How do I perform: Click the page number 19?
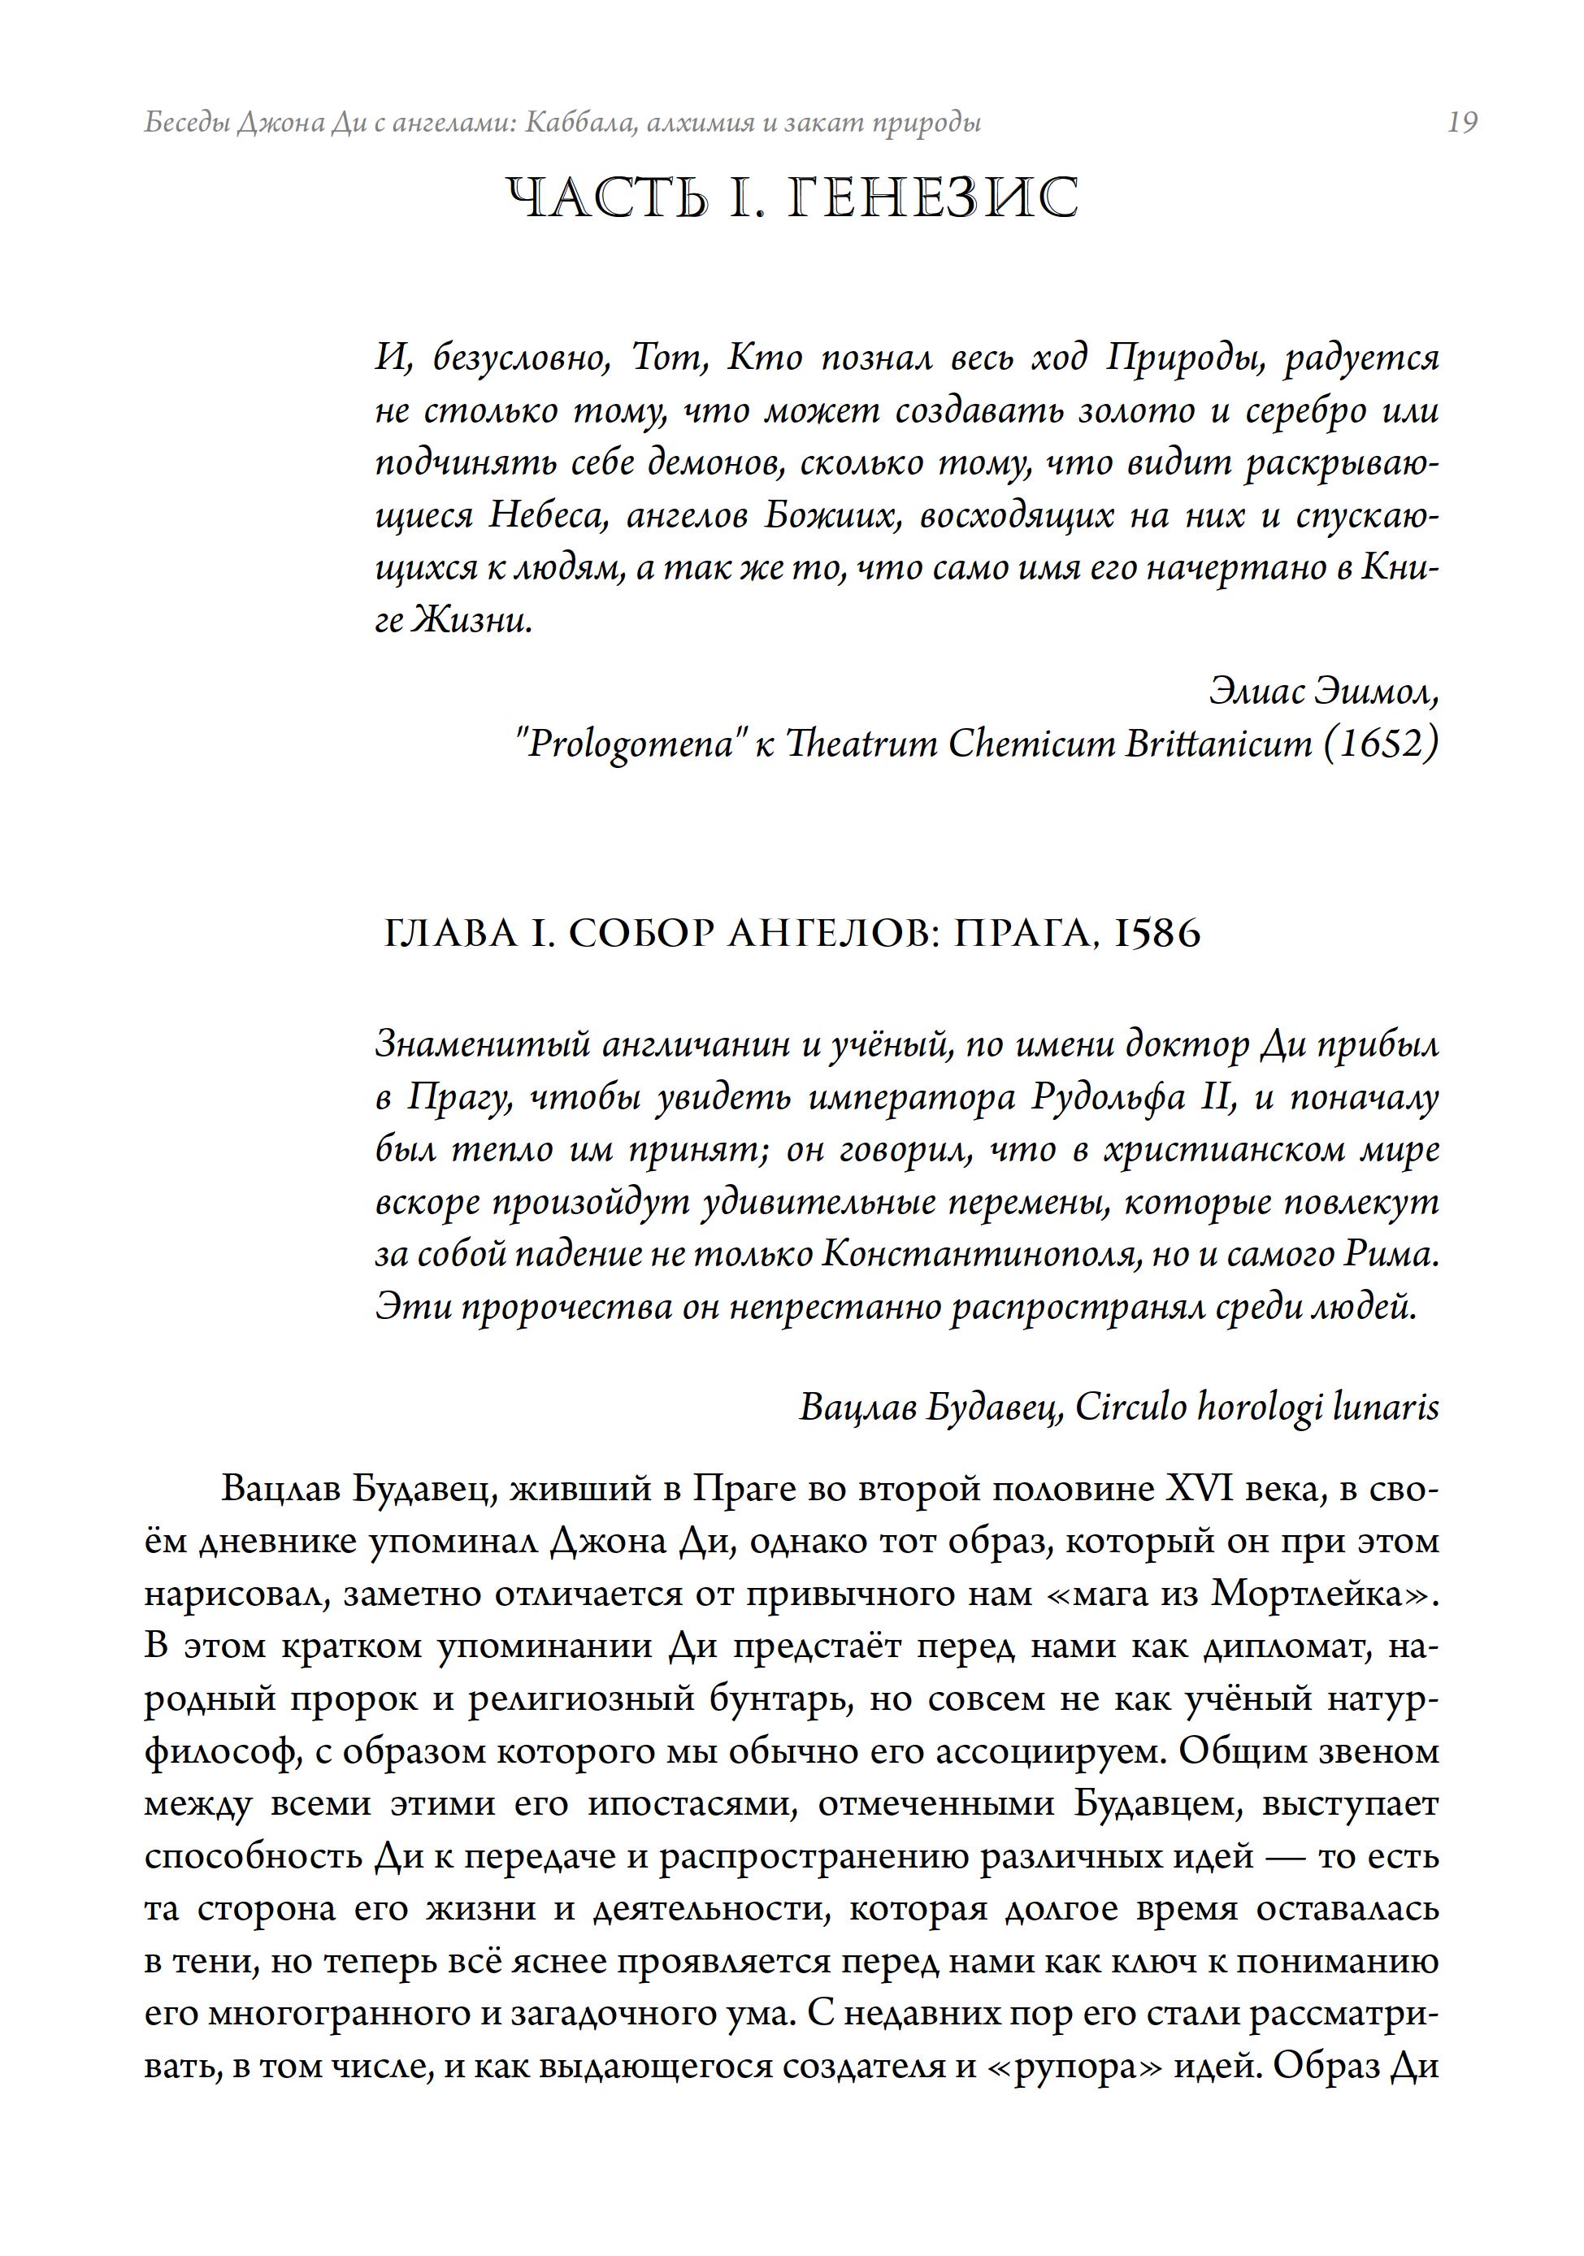[x=1462, y=123]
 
